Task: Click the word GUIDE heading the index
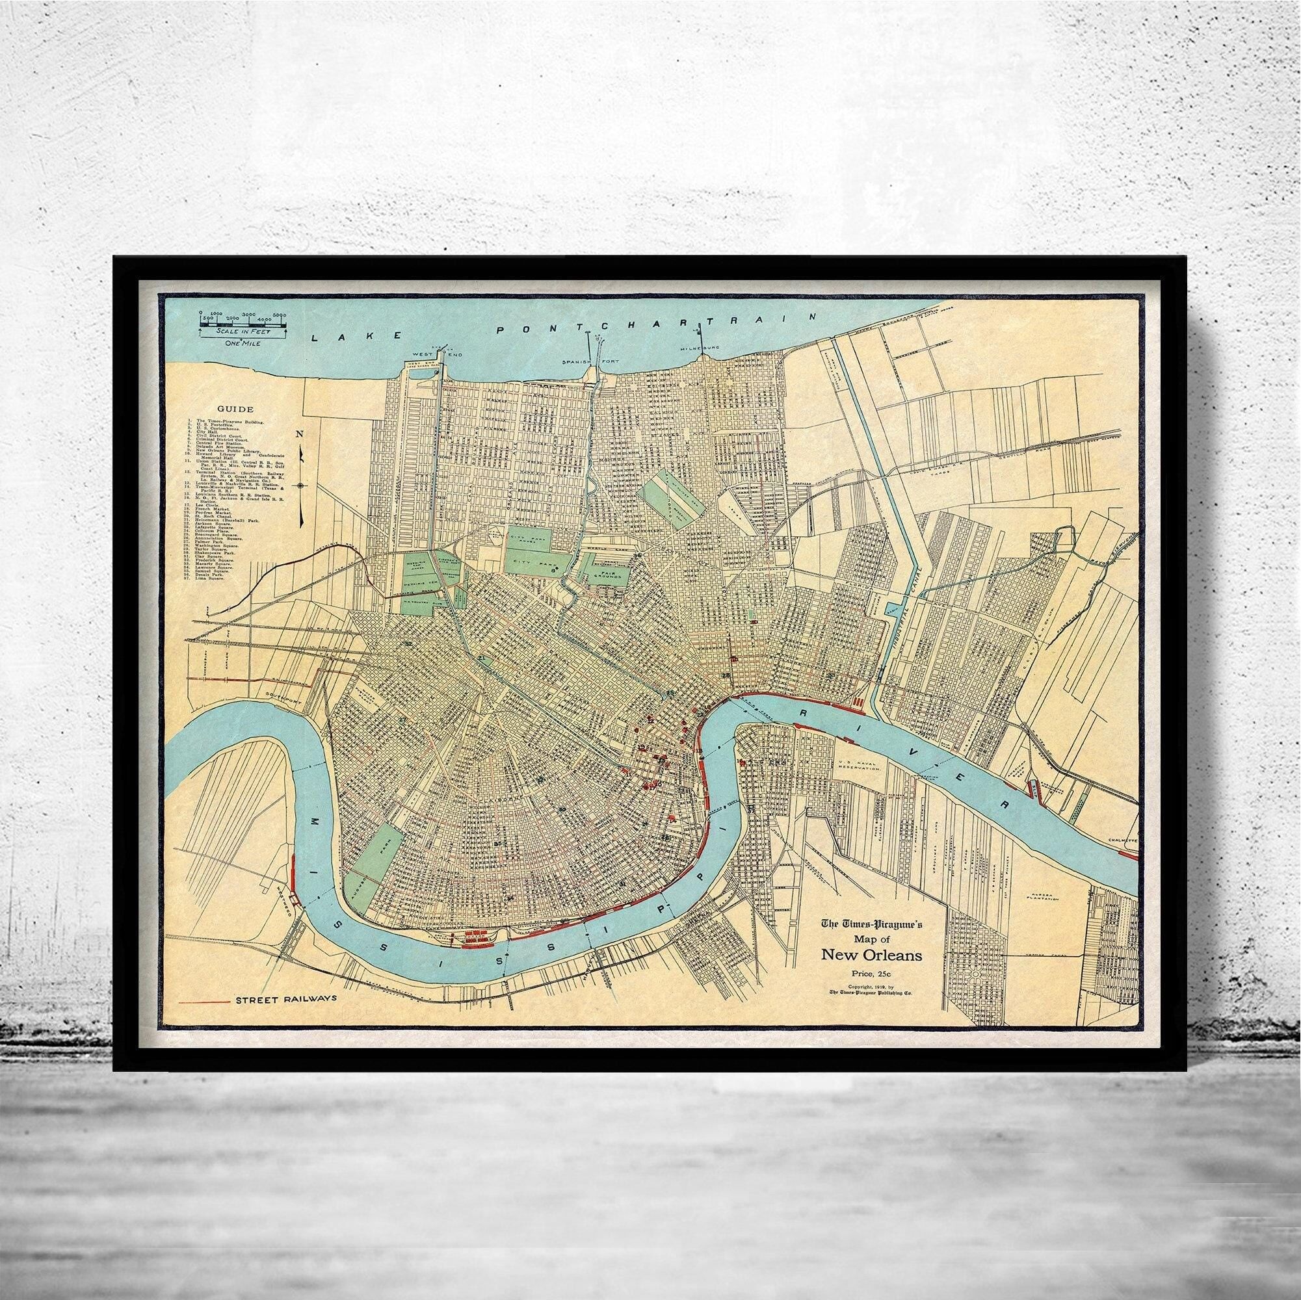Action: coord(231,409)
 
